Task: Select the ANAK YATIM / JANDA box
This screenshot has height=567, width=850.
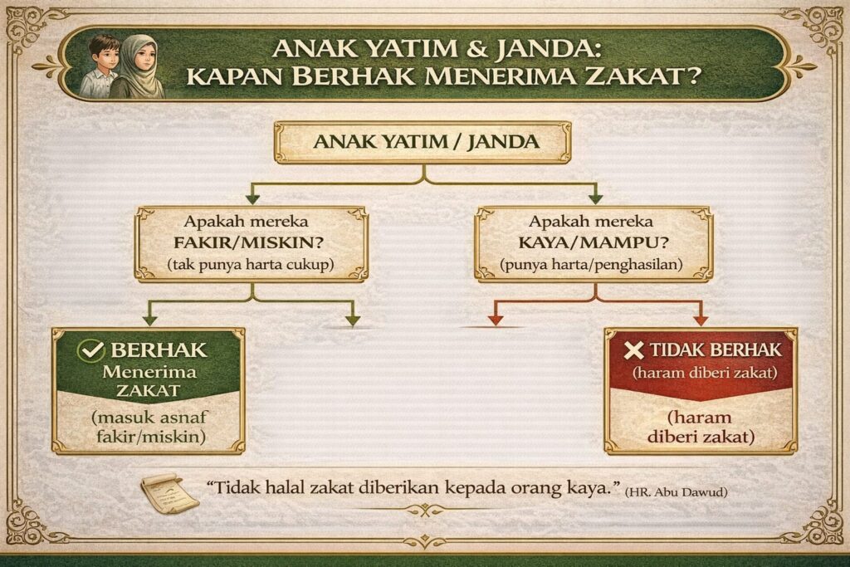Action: [x=423, y=143]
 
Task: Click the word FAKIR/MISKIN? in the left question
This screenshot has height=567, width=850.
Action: [x=249, y=242]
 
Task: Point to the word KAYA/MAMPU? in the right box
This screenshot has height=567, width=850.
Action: [x=593, y=242]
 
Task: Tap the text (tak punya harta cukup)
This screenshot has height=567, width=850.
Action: [x=250, y=265]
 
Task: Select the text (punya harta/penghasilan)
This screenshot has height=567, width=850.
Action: [x=591, y=265]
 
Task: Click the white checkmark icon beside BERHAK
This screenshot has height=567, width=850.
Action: [x=90, y=350]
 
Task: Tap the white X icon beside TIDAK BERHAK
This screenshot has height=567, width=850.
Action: [x=633, y=350]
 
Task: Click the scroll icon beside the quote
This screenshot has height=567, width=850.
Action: [x=169, y=493]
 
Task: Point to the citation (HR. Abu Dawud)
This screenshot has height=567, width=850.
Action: [x=676, y=493]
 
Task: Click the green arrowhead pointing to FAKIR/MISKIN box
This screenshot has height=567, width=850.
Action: [x=252, y=199]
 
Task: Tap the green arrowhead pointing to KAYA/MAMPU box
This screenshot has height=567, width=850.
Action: [x=595, y=199]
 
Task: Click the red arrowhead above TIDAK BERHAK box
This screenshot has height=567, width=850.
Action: [x=701, y=320]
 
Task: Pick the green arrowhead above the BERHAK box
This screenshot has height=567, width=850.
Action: [x=149, y=320]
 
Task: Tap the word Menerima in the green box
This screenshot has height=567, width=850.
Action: [x=149, y=372]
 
